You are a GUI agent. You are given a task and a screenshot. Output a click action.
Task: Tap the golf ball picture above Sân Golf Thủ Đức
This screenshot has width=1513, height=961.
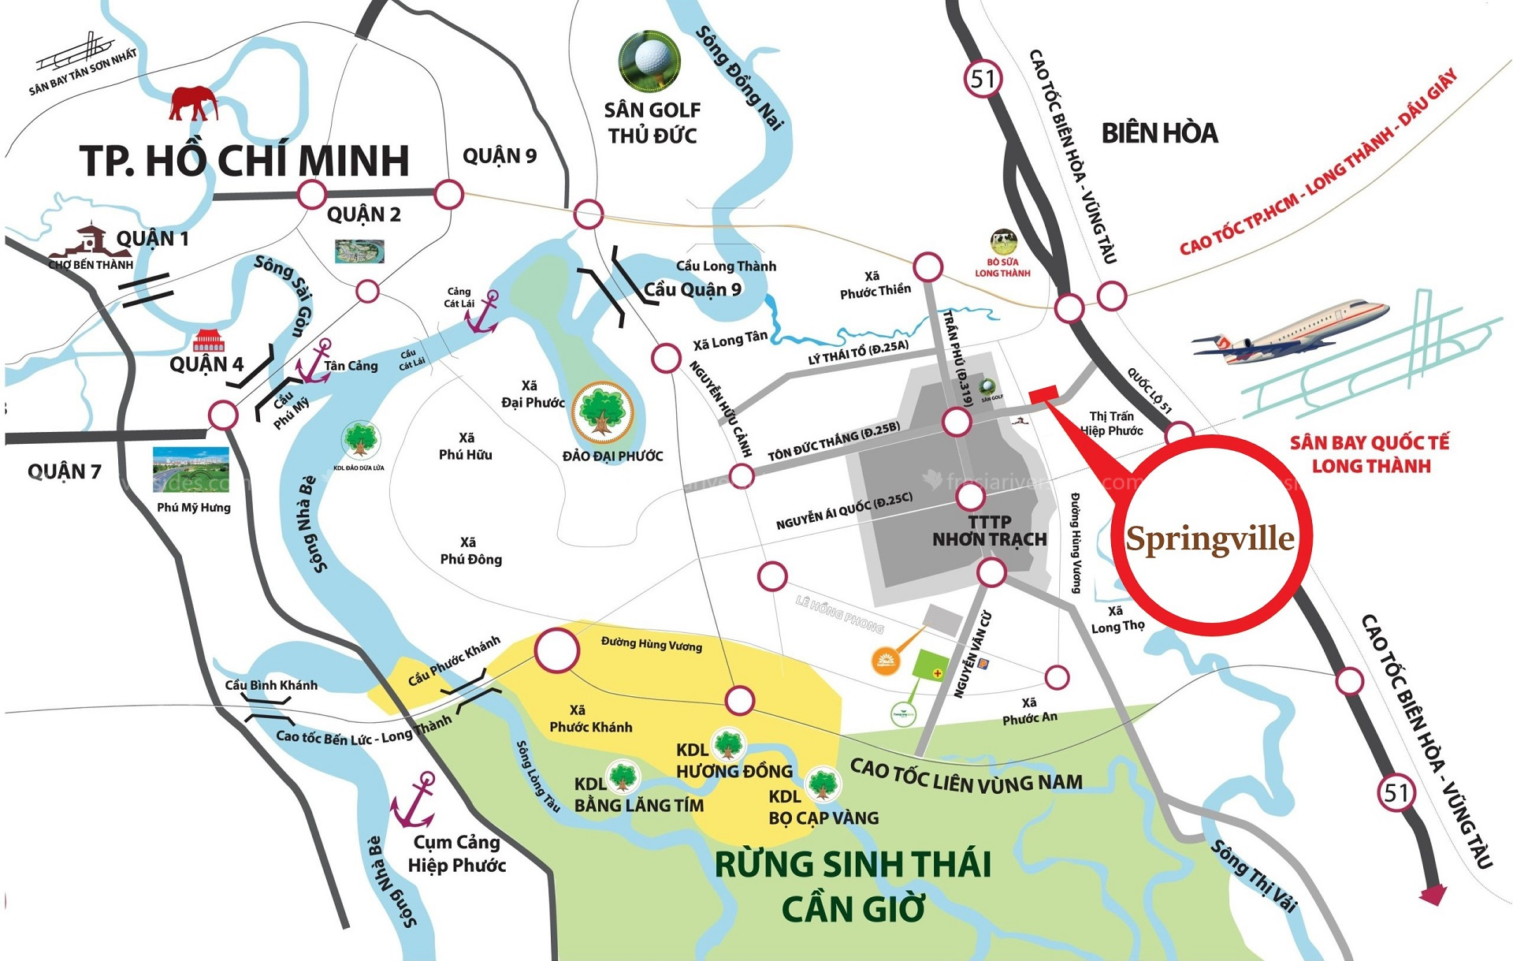click(x=650, y=59)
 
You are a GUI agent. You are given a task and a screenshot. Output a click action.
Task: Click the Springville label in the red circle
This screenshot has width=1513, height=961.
click(x=1210, y=538)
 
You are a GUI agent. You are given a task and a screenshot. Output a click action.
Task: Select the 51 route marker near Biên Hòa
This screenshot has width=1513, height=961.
click(x=983, y=79)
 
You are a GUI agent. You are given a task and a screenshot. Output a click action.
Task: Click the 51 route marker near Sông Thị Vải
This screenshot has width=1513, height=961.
click(x=1396, y=792)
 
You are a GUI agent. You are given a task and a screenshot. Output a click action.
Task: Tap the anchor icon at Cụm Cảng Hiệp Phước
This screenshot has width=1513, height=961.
click(x=415, y=800)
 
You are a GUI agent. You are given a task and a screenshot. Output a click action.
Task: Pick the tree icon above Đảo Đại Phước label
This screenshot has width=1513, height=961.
click(x=603, y=412)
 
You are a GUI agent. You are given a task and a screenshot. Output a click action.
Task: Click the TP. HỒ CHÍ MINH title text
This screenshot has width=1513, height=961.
click(x=244, y=161)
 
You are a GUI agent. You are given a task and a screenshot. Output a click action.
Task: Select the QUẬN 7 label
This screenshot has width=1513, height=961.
click(x=65, y=471)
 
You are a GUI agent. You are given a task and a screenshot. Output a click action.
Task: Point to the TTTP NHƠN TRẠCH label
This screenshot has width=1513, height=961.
click(x=989, y=531)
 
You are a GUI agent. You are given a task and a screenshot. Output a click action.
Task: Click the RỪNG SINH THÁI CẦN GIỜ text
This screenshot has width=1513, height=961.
click(x=853, y=886)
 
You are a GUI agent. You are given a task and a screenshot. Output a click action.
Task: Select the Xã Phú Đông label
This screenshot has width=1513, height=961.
click(x=470, y=551)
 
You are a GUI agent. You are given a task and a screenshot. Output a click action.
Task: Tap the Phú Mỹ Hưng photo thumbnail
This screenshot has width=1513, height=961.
click(x=191, y=470)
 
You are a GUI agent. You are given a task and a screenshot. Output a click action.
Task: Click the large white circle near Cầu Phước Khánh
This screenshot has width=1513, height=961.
click(x=557, y=650)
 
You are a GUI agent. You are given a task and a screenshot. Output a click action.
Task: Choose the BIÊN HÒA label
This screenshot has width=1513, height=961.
click(x=1159, y=133)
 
